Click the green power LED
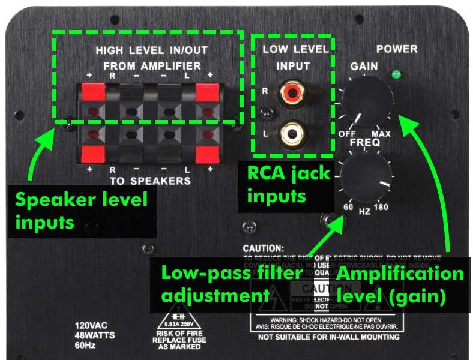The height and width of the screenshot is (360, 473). (394, 75)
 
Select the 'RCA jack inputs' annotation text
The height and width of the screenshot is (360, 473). (289, 185)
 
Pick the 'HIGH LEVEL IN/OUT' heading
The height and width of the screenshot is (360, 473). (148, 50)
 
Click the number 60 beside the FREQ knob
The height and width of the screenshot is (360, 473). (348, 207)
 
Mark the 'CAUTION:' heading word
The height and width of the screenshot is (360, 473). (262, 248)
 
